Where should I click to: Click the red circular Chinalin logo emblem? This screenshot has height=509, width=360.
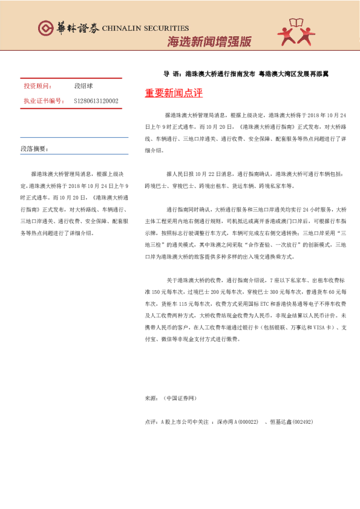45,28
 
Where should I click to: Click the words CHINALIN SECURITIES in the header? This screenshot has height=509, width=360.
146,28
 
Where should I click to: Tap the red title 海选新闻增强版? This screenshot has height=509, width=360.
209,42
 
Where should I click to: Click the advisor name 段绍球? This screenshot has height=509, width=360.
84,86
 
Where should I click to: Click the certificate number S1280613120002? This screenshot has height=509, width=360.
96,101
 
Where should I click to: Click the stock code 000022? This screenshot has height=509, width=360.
249,421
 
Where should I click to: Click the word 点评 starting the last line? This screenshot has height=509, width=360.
151,421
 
